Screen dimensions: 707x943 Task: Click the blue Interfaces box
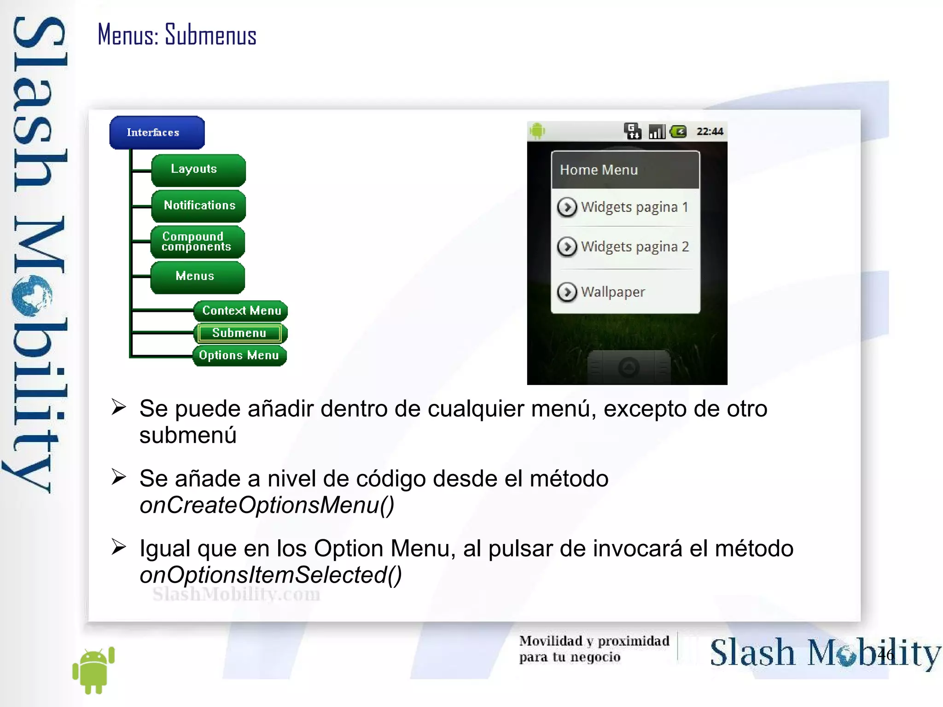[157, 133]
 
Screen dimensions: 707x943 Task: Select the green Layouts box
[198, 169]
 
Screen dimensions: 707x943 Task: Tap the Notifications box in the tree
[198, 205]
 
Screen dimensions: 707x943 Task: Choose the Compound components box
[197, 241]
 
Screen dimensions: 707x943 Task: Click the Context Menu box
[240, 311]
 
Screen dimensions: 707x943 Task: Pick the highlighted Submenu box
[239, 333]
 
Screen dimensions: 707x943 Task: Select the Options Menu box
[239, 356]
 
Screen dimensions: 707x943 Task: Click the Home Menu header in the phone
[599, 170]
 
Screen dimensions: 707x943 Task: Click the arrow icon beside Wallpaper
[567, 292]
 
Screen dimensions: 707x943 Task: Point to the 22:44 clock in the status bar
[710, 132]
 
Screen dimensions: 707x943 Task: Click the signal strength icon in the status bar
[657, 132]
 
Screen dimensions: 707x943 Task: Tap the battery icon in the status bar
[678, 132]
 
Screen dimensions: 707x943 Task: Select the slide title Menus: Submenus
[177, 35]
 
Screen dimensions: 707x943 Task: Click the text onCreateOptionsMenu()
[267, 505]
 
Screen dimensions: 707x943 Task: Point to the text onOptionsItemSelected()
[270, 575]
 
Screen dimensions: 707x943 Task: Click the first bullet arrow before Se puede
[118, 407]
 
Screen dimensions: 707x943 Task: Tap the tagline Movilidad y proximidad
[594, 641]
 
